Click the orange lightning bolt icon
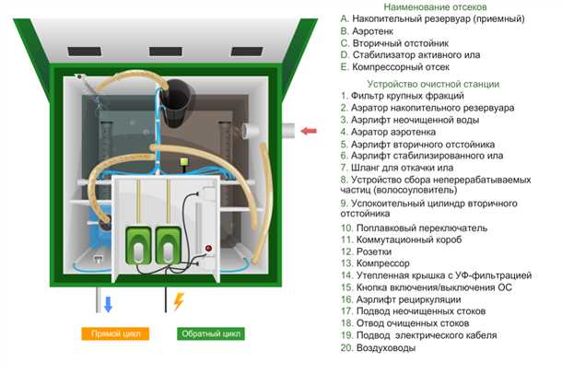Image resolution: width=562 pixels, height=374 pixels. point(178,301)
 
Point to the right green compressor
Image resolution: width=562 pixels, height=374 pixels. point(169,240)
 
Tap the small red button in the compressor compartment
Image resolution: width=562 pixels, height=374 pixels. point(208,249)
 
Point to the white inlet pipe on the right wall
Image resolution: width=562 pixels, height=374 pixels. point(283,131)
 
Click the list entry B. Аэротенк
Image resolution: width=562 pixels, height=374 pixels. point(372,30)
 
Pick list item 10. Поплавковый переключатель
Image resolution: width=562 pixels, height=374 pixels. point(416,227)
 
